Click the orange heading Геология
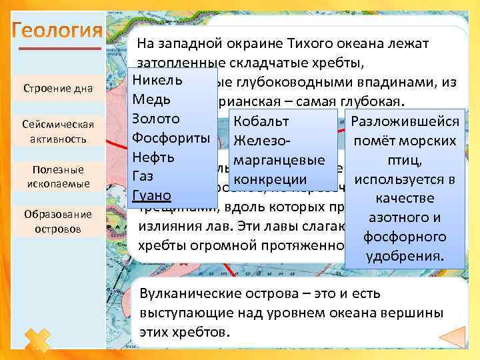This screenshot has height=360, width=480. tap(57, 32)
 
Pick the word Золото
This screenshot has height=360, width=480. tap(156, 119)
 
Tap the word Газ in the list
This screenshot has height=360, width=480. tap(143, 177)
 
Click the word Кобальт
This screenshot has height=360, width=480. tap(261, 121)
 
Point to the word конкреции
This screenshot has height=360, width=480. tap(270, 179)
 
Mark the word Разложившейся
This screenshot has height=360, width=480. tap(405, 121)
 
